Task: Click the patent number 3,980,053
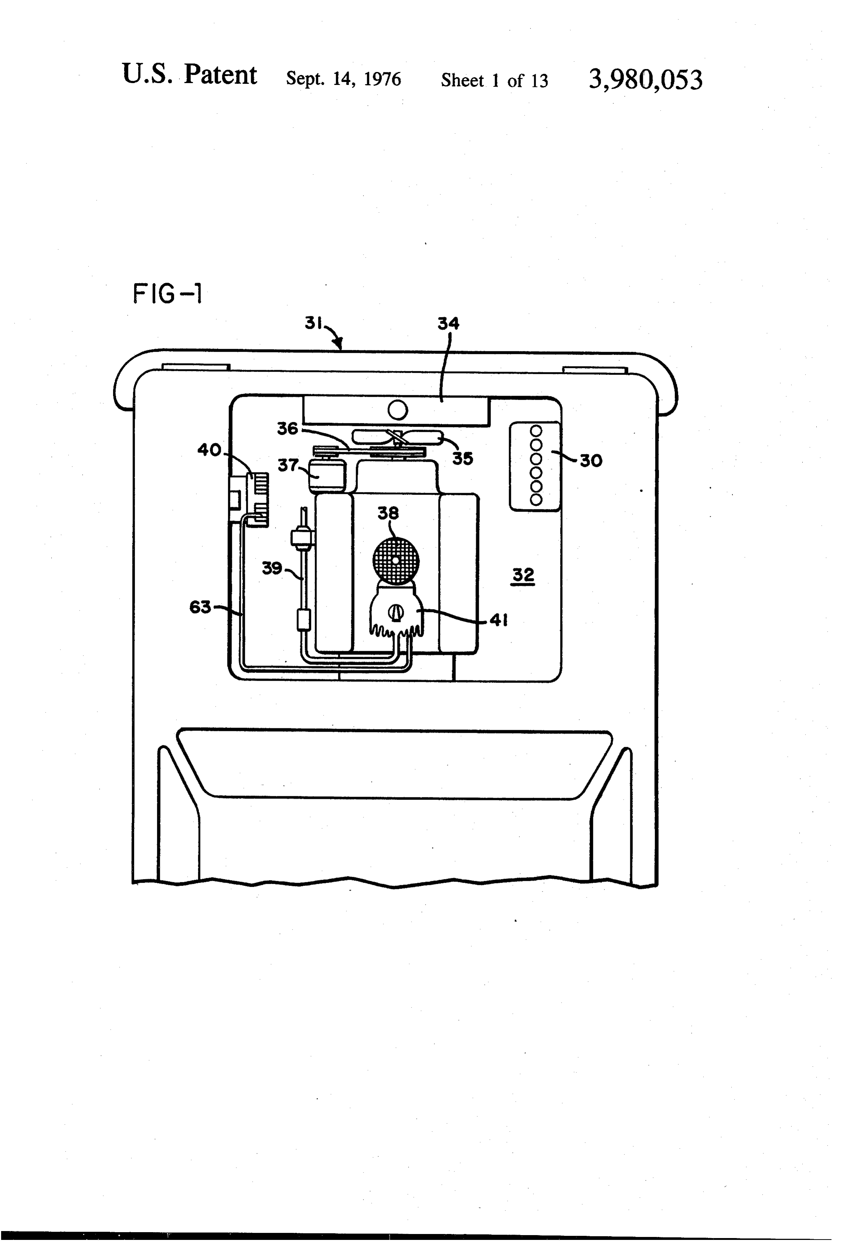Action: click(x=645, y=80)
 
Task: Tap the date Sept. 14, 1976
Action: click(x=344, y=79)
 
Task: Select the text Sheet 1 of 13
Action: click(x=494, y=80)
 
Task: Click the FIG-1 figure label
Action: click(x=167, y=294)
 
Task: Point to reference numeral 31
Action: click(x=314, y=323)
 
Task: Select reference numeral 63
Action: click(x=200, y=607)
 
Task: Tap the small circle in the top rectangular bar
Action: click(x=398, y=411)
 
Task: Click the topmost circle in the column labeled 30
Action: click(x=536, y=431)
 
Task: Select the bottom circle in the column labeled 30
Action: click(x=536, y=499)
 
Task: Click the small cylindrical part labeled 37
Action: click(x=327, y=476)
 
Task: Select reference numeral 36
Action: click(x=288, y=429)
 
